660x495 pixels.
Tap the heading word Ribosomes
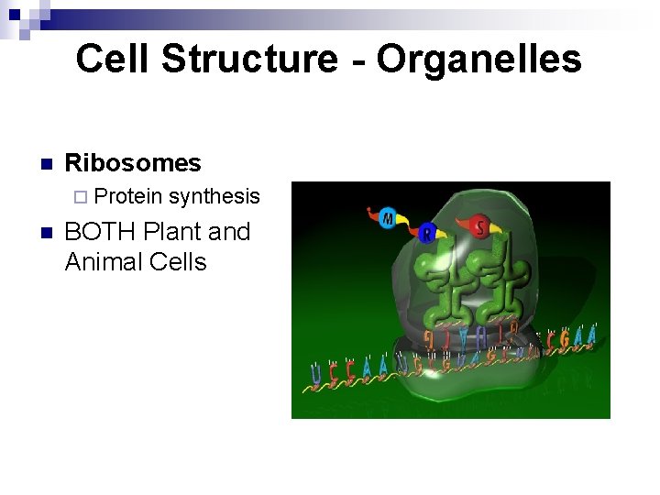[133, 163]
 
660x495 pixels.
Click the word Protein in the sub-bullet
[128, 196]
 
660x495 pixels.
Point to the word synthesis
[214, 196]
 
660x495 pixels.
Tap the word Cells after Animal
[178, 262]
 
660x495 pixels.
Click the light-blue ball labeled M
[388, 218]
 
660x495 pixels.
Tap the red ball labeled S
[479, 225]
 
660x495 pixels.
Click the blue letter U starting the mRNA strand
[316, 374]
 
